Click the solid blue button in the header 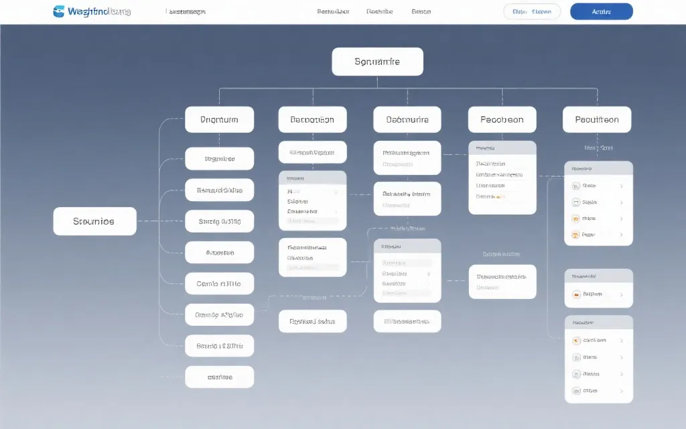point(601,11)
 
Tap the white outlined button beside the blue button point(531,11)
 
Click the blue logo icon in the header point(59,11)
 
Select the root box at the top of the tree point(377,62)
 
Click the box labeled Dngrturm point(219,120)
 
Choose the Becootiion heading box point(312,120)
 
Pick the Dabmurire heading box point(407,120)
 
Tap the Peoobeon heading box point(502,120)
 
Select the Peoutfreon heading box point(596,120)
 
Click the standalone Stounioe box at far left point(94,221)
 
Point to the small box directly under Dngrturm point(219,159)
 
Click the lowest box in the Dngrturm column point(219,377)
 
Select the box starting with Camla point(219,284)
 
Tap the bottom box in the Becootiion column point(312,321)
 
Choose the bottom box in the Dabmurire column point(407,321)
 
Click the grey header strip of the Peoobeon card point(502,147)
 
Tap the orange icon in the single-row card point(575,294)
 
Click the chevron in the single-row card point(622,294)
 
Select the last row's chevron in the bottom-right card point(622,391)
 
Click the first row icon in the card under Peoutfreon point(575,186)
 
